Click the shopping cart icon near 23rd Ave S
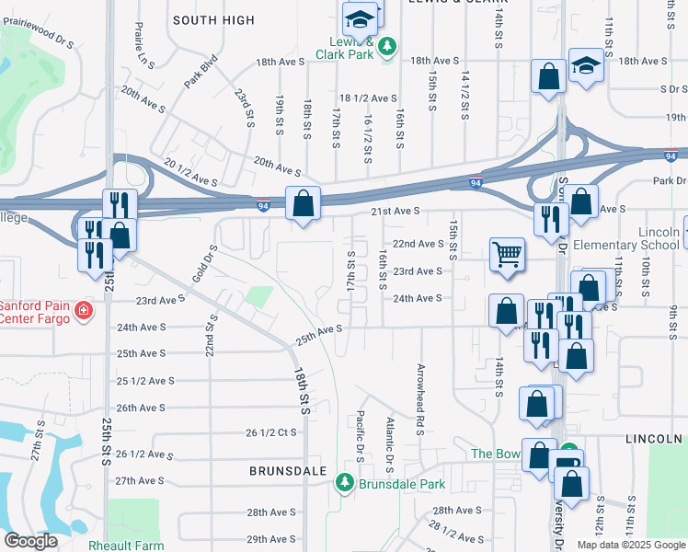(507, 255)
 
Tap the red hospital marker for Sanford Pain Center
(84, 312)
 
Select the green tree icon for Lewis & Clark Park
(388, 46)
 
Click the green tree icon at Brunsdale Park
(345, 482)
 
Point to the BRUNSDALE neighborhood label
(289, 470)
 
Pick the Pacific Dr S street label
(360, 437)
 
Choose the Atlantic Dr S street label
(390, 439)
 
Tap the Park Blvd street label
(200, 73)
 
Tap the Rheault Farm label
(125, 545)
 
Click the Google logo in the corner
(30, 542)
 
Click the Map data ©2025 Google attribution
(630, 545)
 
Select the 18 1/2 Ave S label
(368, 98)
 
